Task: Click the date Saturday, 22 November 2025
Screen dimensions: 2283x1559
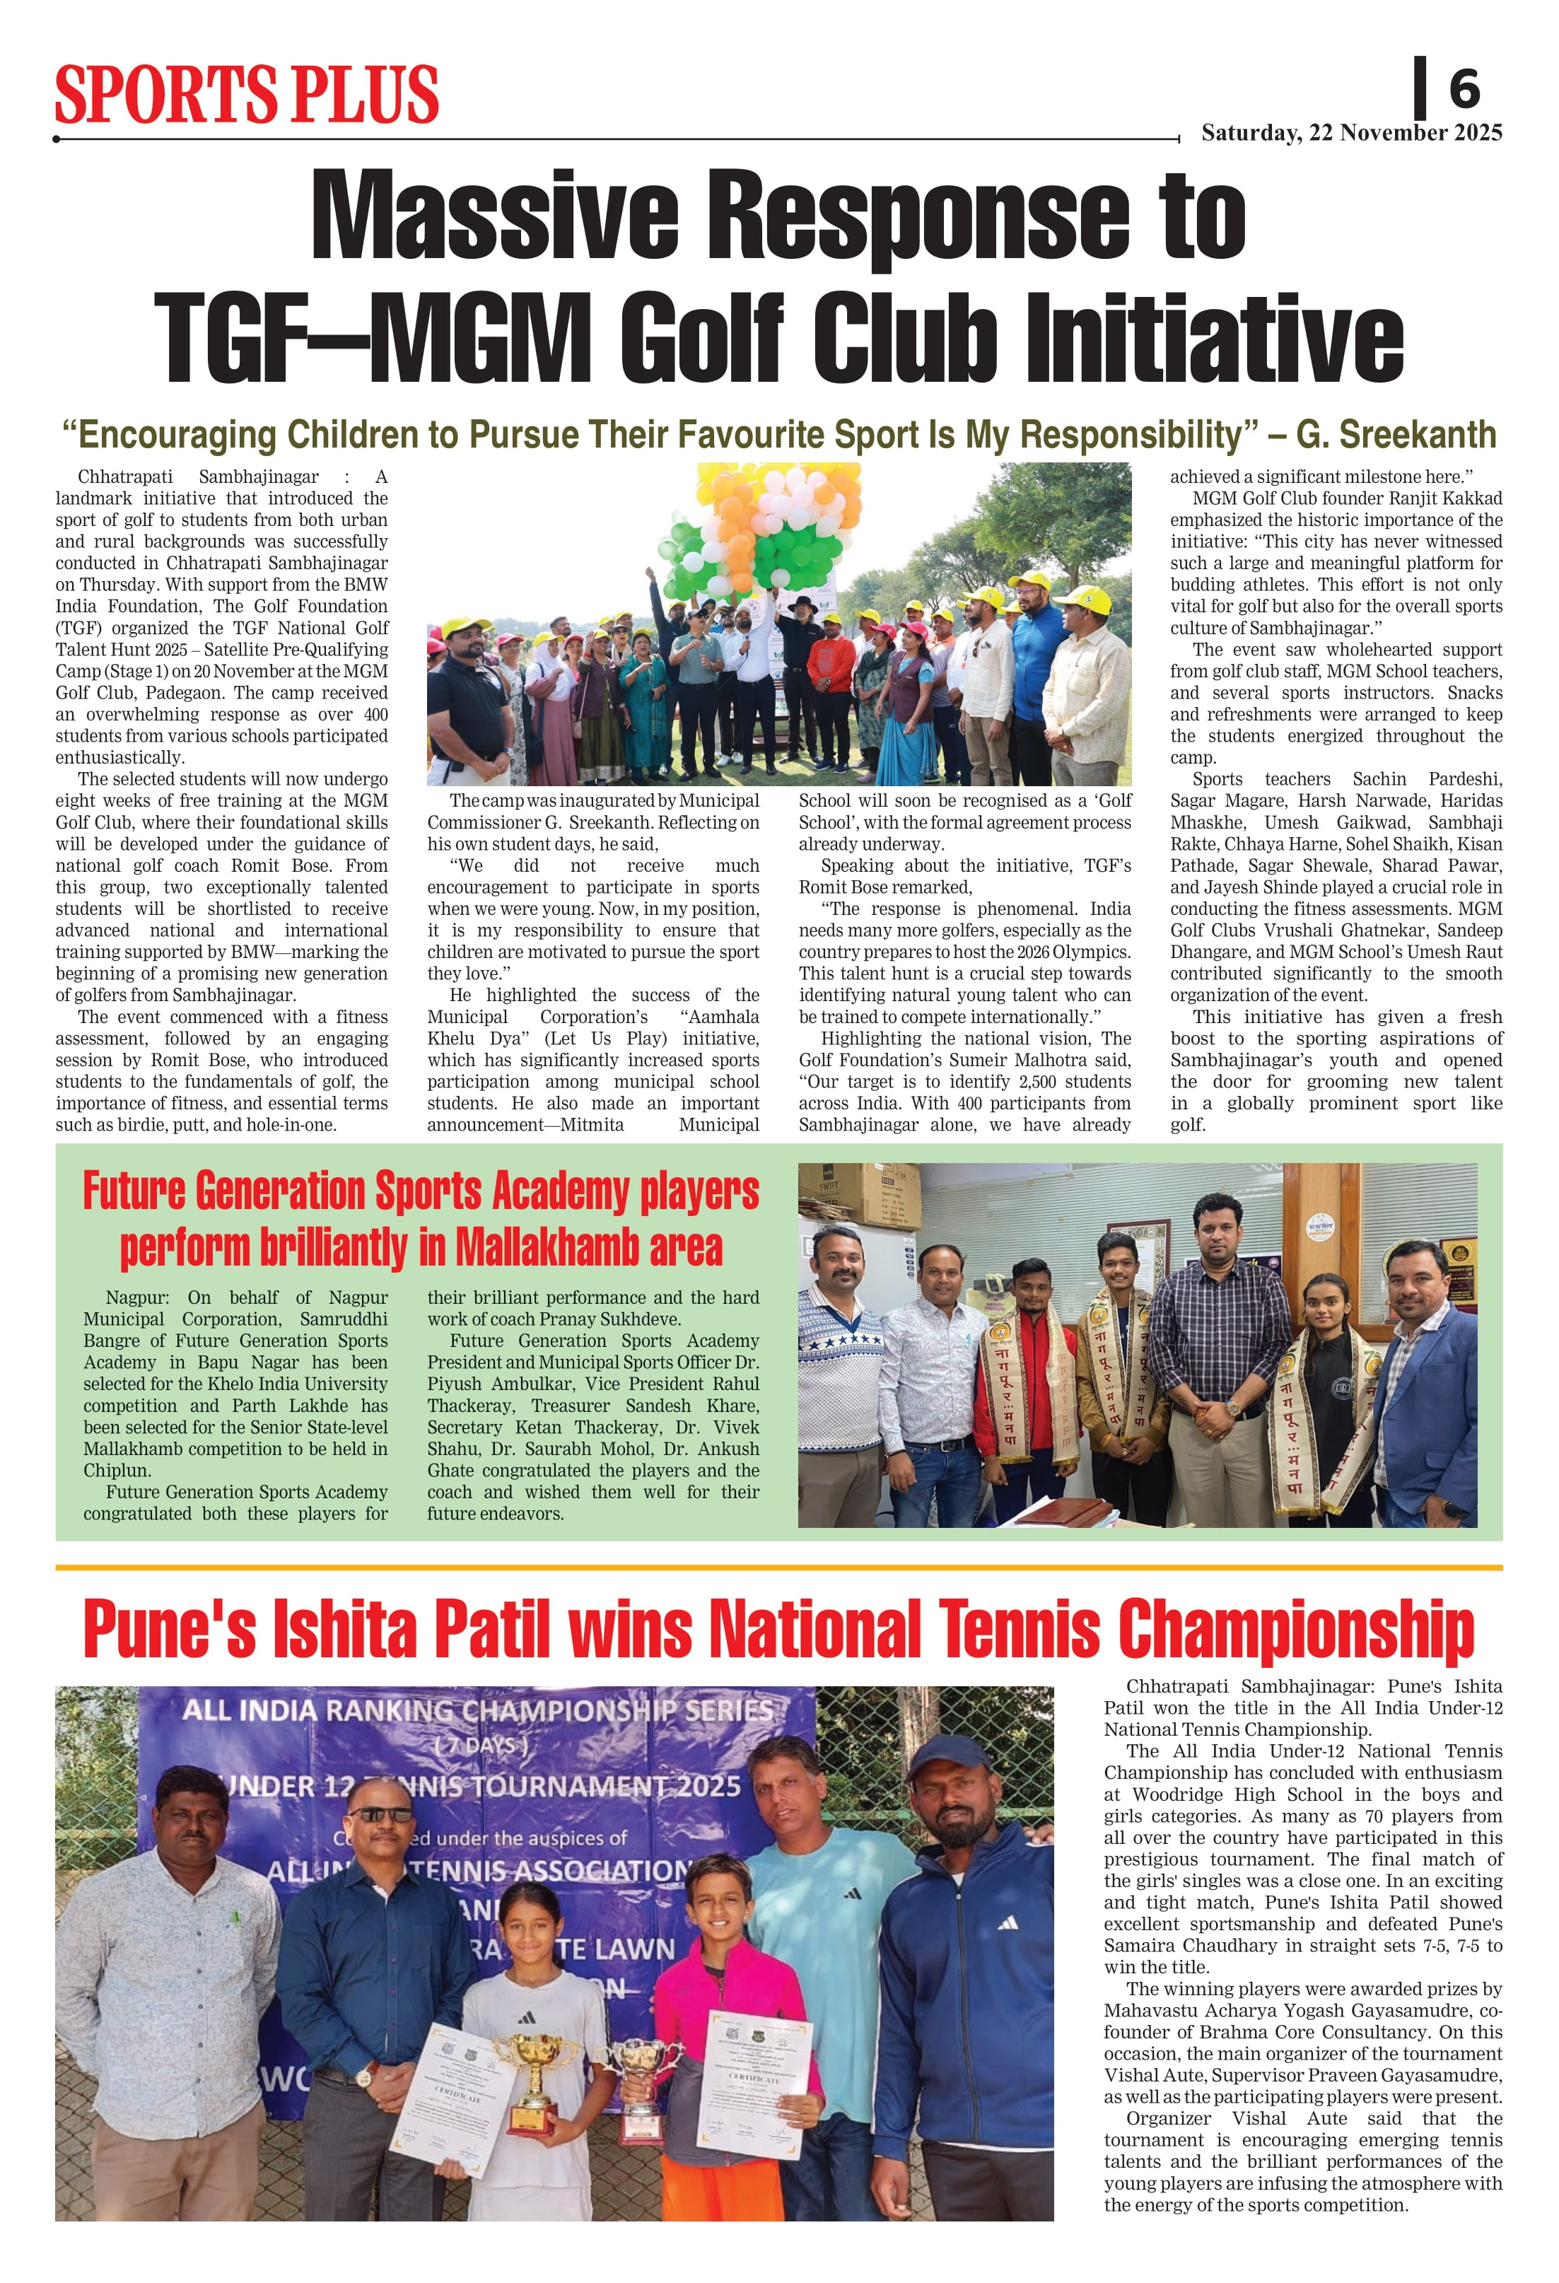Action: point(1352,133)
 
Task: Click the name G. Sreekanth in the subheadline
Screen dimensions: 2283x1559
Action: point(1396,434)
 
